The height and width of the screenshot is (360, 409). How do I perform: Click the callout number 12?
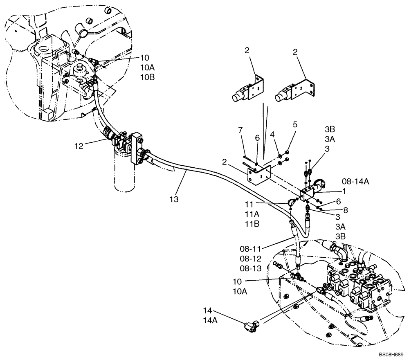tap(79, 146)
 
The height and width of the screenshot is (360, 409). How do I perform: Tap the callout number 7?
tap(240, 130)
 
